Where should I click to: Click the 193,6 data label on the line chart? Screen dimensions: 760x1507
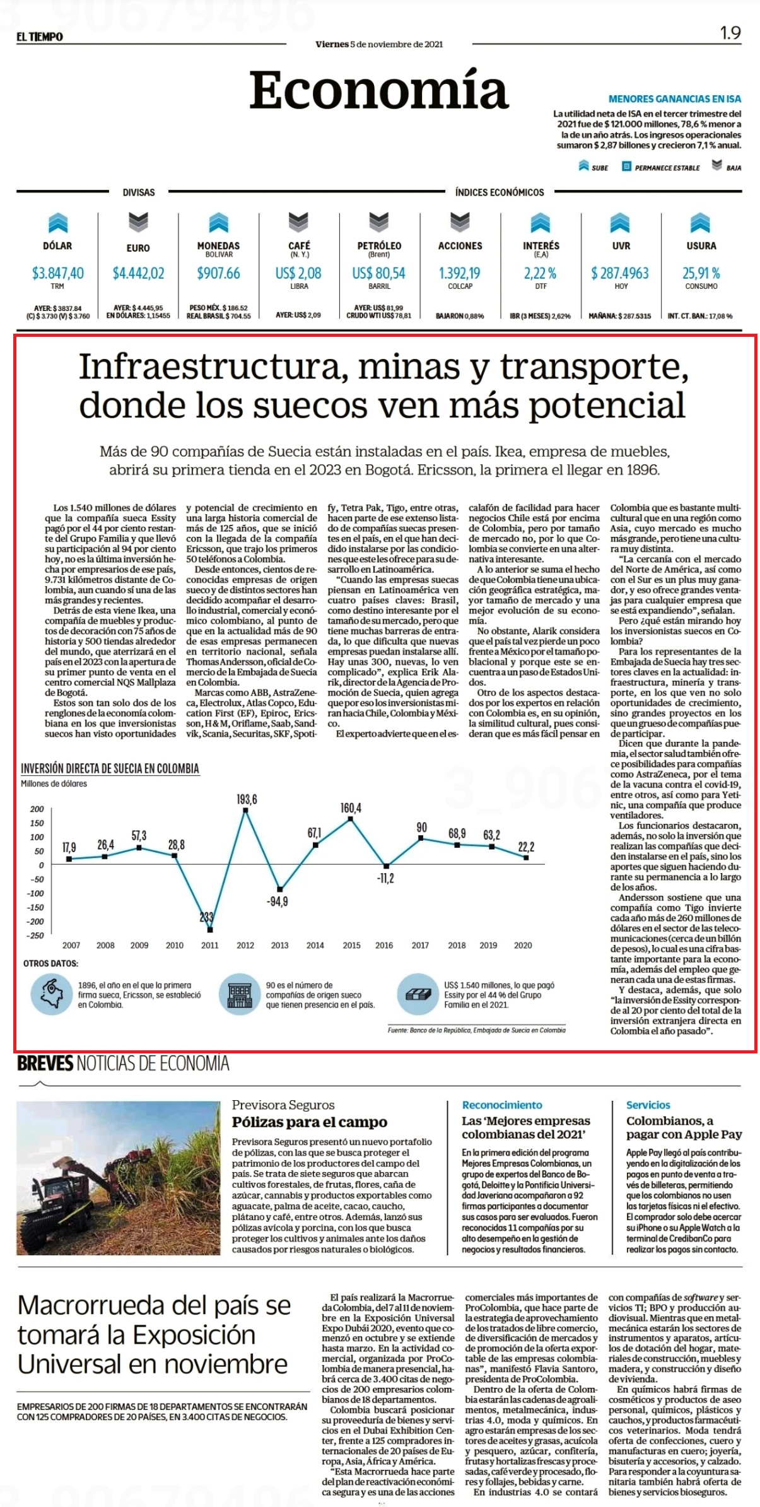pyautogui.click(x=247, y=799)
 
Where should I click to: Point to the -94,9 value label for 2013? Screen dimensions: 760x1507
pyautogui.click(x=277, y=901)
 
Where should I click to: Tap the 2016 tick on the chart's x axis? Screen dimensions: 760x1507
pyautogui.click(x=384, y=945)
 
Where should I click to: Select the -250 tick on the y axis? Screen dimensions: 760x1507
pyautogui.click(x=37, y=935)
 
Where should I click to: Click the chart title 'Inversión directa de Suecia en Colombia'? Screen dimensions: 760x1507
pyautogui.click(x=110, y=768)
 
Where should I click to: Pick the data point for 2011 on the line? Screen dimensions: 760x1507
pyautogui.click(x=209, y=930)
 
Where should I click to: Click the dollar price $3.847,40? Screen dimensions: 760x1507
pyautogui.click(x=57, y=273)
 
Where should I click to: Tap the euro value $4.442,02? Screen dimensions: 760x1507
pyautogui.click(x=138, y=273)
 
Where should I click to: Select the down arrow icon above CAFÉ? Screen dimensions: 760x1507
pyautogui.click(x=298, y=222)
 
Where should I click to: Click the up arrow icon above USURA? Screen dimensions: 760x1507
pyautogui.click(x=700, y=222)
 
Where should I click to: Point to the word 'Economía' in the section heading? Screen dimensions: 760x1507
pyautogui.click(x=379, y=90)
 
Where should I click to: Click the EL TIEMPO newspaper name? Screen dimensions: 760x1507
pyautogui.click(x=40, y=37)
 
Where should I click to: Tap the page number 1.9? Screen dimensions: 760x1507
pyautogui.click(x=730, y=33)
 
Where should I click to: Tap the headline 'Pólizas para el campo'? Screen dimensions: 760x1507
pyautogui.click(x=310, y=1122)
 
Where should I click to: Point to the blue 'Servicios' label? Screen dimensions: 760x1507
pyautogui.click(x=648, y=1105)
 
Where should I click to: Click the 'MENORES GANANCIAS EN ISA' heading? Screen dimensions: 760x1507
pyautogui.click(x=675, y=99)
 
